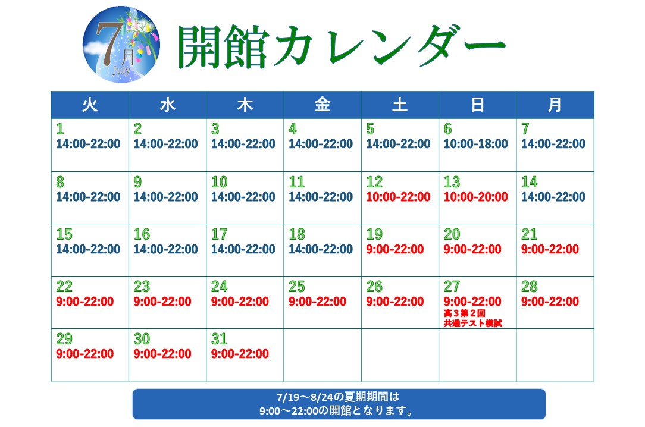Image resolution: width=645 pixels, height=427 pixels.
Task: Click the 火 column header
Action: [90, 105]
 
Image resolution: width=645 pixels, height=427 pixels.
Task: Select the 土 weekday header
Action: [400, 105]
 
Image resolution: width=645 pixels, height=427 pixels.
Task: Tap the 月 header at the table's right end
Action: [555, 105]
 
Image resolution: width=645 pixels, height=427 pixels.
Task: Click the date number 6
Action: [448, 129]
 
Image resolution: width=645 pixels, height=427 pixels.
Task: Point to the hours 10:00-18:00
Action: [475, 144]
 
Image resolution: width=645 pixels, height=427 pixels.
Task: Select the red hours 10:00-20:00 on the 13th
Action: [475, 197]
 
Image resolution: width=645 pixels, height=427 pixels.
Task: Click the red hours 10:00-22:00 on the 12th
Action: [398, 197]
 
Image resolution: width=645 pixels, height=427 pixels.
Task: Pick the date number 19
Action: [374, 234]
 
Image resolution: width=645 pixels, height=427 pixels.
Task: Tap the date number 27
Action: [452, 287]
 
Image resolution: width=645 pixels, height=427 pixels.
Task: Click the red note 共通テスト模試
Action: [472, 324]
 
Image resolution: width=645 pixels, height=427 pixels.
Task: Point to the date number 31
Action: [219, 339]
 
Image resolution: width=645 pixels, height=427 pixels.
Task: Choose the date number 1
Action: [60, 129]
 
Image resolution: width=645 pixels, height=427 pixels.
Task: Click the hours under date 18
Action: [321, 249]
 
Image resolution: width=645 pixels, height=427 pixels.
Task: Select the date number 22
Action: [64, 287]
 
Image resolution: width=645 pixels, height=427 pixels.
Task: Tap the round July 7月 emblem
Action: [121, 45]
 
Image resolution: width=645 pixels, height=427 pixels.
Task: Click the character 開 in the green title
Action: [199, 46]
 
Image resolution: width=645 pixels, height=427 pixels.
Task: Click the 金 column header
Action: [322, 105]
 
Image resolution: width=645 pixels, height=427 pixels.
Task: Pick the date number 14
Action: [530, 182]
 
